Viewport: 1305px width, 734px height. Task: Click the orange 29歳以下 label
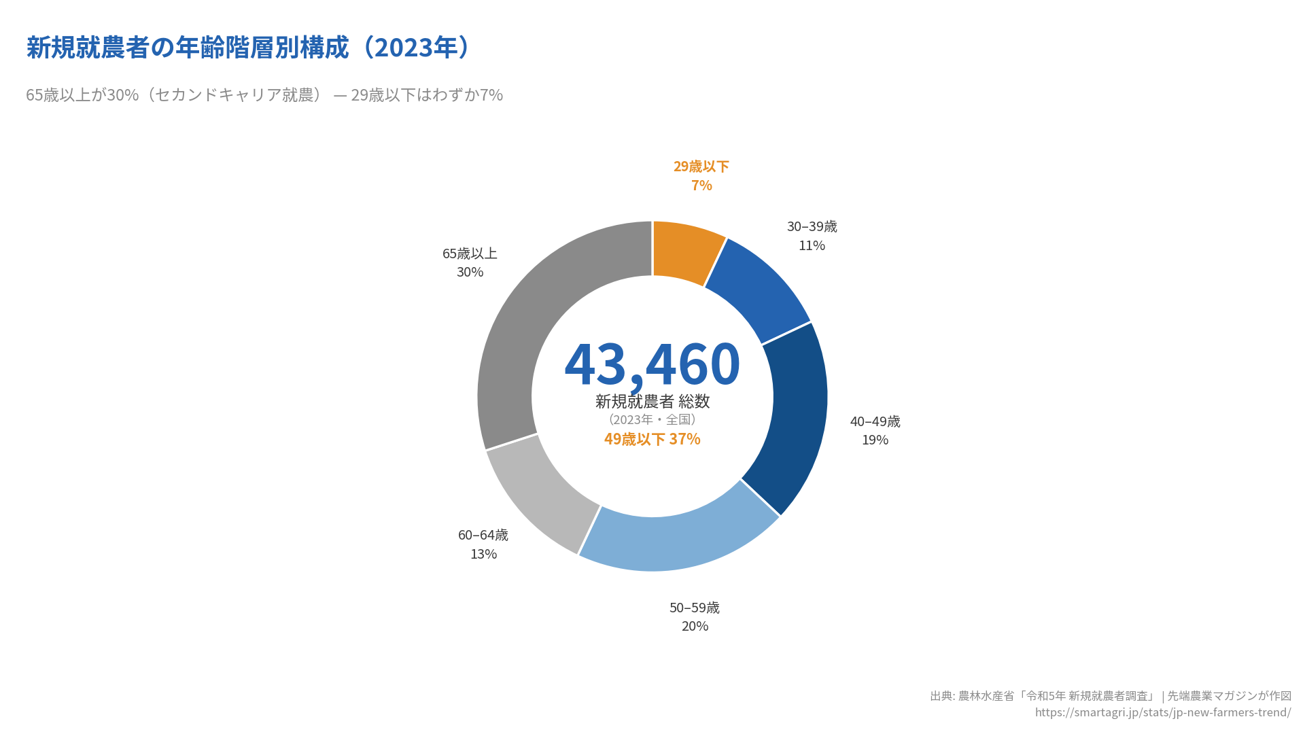pos(701,167)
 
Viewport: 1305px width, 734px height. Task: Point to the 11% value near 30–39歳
pos(812,245)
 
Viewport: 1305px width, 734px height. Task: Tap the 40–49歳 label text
pos(875,421)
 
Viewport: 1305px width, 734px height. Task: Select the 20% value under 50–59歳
pos(695,626)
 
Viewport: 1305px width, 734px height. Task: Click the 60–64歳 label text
pos(483,535)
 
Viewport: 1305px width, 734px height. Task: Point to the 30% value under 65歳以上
pos(470,272)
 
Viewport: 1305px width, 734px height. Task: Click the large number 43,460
pos(652,364)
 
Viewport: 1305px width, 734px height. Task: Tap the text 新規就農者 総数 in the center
pos(652,402)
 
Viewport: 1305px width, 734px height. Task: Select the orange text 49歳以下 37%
pos(652,439)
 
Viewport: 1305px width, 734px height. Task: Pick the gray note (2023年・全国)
pos(652,419)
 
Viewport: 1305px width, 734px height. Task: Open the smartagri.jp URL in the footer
pos(1162,712)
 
